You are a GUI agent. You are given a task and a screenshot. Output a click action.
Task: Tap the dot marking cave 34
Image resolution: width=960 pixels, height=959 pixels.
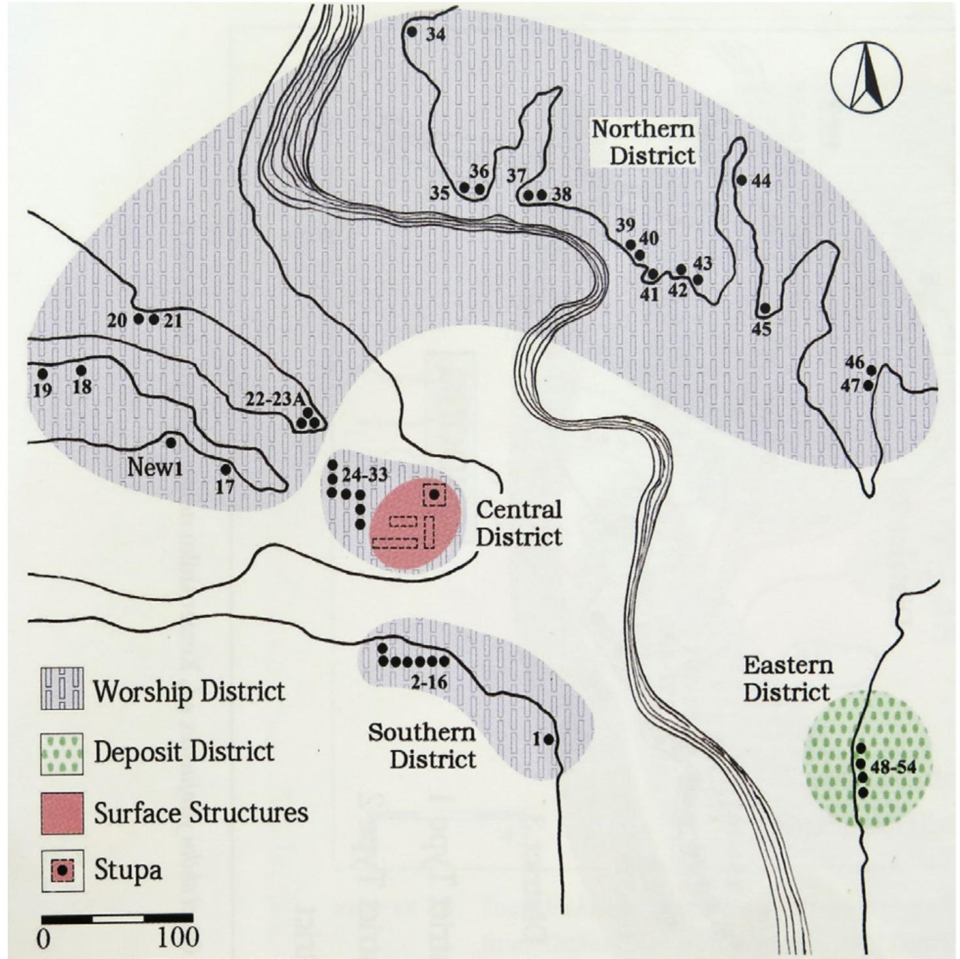412,31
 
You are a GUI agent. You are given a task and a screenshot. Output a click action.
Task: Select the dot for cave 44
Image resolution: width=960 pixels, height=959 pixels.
741,180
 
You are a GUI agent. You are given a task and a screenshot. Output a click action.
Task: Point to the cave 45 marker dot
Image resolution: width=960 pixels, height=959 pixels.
765,307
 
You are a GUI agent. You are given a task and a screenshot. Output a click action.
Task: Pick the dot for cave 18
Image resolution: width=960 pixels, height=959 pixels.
82,371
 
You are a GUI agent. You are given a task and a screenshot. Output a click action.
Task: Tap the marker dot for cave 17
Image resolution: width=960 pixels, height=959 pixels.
226,469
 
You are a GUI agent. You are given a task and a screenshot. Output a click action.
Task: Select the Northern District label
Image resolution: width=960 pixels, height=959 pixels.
643,142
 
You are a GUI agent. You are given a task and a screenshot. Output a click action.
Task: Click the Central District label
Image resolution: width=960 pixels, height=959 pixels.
519,523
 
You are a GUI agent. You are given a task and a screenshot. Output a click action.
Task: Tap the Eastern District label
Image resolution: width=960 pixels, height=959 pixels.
788,678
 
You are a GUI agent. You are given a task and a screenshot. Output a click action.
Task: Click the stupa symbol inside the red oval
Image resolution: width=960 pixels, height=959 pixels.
434,495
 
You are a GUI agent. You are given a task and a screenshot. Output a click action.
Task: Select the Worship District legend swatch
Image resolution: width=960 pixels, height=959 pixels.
62,690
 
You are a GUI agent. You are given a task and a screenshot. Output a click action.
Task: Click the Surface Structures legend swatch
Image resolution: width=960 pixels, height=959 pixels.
62,813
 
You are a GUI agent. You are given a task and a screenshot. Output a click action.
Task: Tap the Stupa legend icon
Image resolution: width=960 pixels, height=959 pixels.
63,870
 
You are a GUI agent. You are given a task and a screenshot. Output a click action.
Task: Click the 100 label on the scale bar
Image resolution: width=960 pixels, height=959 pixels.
178,937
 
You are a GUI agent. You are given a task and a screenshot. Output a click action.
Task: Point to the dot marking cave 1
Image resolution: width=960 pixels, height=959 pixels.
548,740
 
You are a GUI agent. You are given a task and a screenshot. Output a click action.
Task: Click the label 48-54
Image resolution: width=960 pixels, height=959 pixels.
893,767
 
